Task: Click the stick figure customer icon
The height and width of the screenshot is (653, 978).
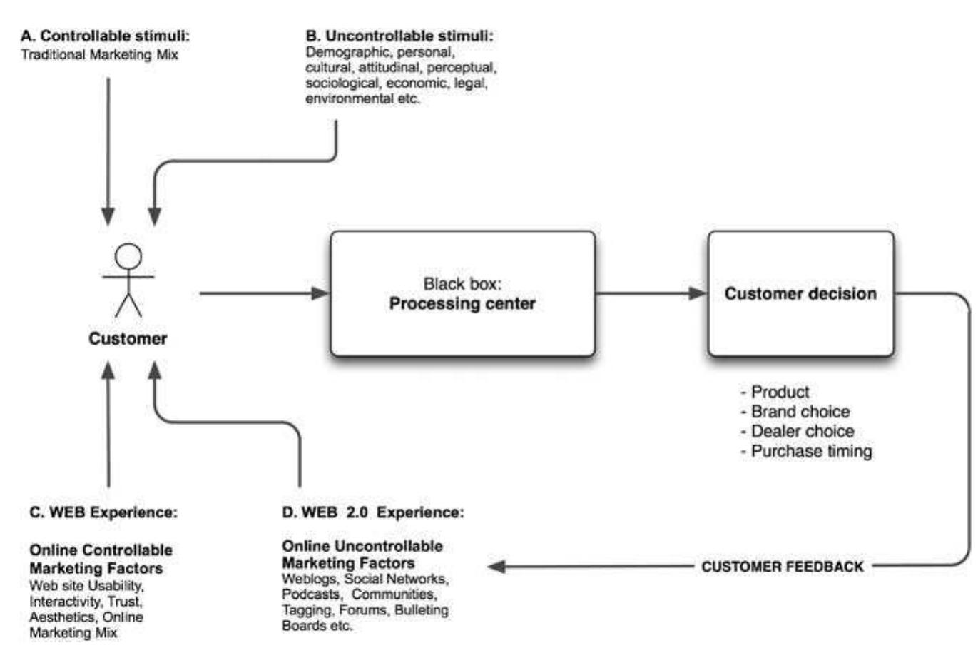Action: pyautogui.click(x=128, y=279)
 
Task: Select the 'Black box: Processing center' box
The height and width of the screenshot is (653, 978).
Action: pyautogui.click(x=462, y=293)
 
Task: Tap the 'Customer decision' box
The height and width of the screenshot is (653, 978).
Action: pyautogui.click(x=800, y=293)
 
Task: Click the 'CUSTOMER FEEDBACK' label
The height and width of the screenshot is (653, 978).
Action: pyautogui.click(x=783, y=567)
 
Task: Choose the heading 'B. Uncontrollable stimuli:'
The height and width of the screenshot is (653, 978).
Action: pyautogui.click(x=399, y=36)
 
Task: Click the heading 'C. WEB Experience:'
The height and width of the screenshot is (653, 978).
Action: pyautogui.click(x=103, y=512)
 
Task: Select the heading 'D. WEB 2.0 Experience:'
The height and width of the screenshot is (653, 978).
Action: pyautogui.click(x=372, y=512)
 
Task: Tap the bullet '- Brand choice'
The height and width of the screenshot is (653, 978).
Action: pyautogui.click(x=795, y=412)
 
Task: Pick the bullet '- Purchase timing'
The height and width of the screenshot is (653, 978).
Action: pyautogui.click(x=806, y=451)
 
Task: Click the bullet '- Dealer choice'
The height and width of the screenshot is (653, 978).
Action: pyautogui.click(x=798, y=431)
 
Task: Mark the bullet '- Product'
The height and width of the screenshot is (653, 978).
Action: pyautogui.click(x=775, y=392)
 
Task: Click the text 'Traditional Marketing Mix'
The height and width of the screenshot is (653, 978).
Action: pyautogui.click(x=99, y=54)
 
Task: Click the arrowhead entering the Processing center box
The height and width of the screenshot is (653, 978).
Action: pyautogui.click(x=321, y=293)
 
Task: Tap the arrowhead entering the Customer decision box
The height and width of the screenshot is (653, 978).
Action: pyautogui.click(x=698, y=293)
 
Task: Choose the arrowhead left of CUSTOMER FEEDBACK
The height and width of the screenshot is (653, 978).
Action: pyautogui.click(x=496, y=567)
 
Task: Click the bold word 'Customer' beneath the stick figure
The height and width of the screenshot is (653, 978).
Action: pyautogui.click(x=128, y=338)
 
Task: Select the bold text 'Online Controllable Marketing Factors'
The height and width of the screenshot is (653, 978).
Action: pyautogui.click(x=101, y=559)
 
